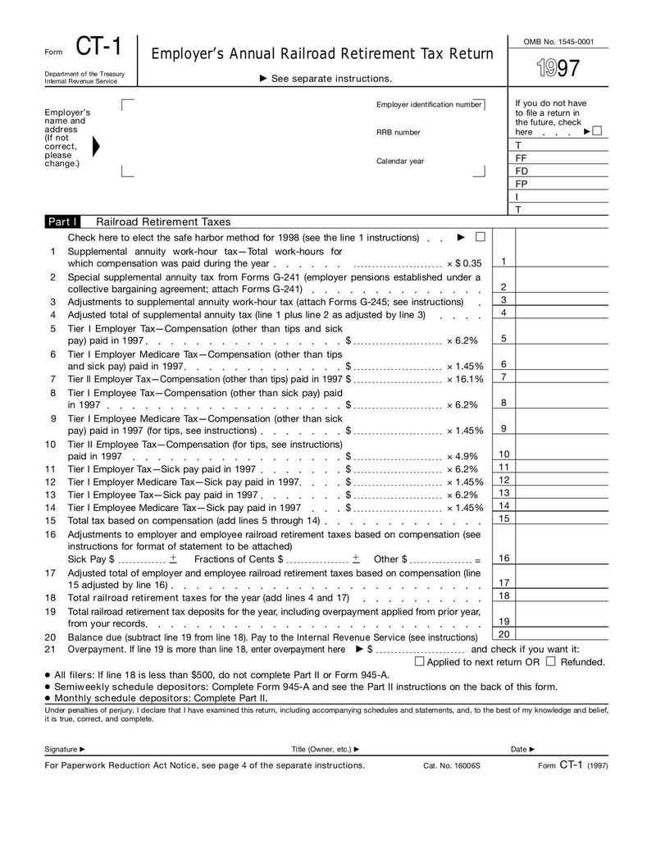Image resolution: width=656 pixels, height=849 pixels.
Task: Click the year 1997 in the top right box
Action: pos(558,69)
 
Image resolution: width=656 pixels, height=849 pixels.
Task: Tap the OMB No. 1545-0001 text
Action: pos(558,41)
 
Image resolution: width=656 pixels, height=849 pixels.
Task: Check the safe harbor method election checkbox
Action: pos(481,237)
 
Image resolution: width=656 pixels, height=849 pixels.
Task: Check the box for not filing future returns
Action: pos(596,131)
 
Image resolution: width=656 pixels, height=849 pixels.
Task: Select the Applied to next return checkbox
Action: pos(419,661)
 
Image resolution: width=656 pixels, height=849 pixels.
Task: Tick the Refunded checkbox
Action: pos(550,661)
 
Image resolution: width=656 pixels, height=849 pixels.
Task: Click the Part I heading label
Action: pos(62,221)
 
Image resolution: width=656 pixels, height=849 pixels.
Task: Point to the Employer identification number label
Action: pos(429,105)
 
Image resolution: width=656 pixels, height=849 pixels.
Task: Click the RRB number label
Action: pos(398,132)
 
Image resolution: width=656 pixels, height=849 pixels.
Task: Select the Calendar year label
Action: pos(400,161)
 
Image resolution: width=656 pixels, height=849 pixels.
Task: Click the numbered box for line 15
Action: pos(504,518)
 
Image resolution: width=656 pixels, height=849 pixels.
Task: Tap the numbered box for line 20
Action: pos(504,634)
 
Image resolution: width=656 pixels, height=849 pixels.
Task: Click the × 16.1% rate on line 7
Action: pos(465,378)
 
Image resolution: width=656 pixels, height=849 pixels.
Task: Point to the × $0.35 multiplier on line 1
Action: pos(464,263)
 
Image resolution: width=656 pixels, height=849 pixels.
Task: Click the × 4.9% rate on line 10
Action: pos(465,456)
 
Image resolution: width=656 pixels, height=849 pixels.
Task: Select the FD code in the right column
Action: pos(522,171)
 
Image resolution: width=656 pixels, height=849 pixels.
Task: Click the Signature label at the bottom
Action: pos(64,749)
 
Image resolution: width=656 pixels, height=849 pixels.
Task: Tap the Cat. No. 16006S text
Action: pos(452,765)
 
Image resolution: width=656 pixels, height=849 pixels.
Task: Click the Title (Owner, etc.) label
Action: pos(325,749)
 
